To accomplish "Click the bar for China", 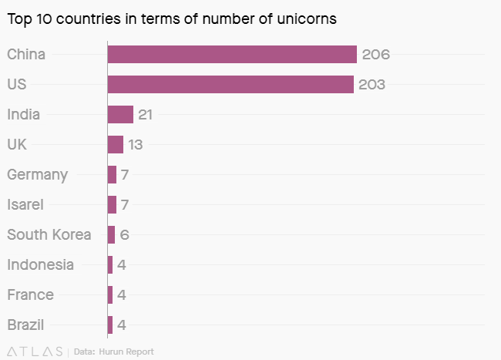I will [231, 54].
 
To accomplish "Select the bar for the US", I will [230, 84].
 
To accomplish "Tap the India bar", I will [120, 114].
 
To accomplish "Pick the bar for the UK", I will [116, 144].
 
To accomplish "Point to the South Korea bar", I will [111, 234].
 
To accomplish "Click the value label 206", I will [375, 55].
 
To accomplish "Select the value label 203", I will [372, 85].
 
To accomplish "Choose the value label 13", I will [136, 145].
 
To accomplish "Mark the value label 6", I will [124, 235].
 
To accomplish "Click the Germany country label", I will [37, 175].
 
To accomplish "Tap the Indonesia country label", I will [40, 264].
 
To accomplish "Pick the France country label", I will [30, 294].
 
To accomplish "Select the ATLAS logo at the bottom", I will [35, 352].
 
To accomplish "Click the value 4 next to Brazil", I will [122, 325].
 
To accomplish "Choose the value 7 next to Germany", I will [124, 175].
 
